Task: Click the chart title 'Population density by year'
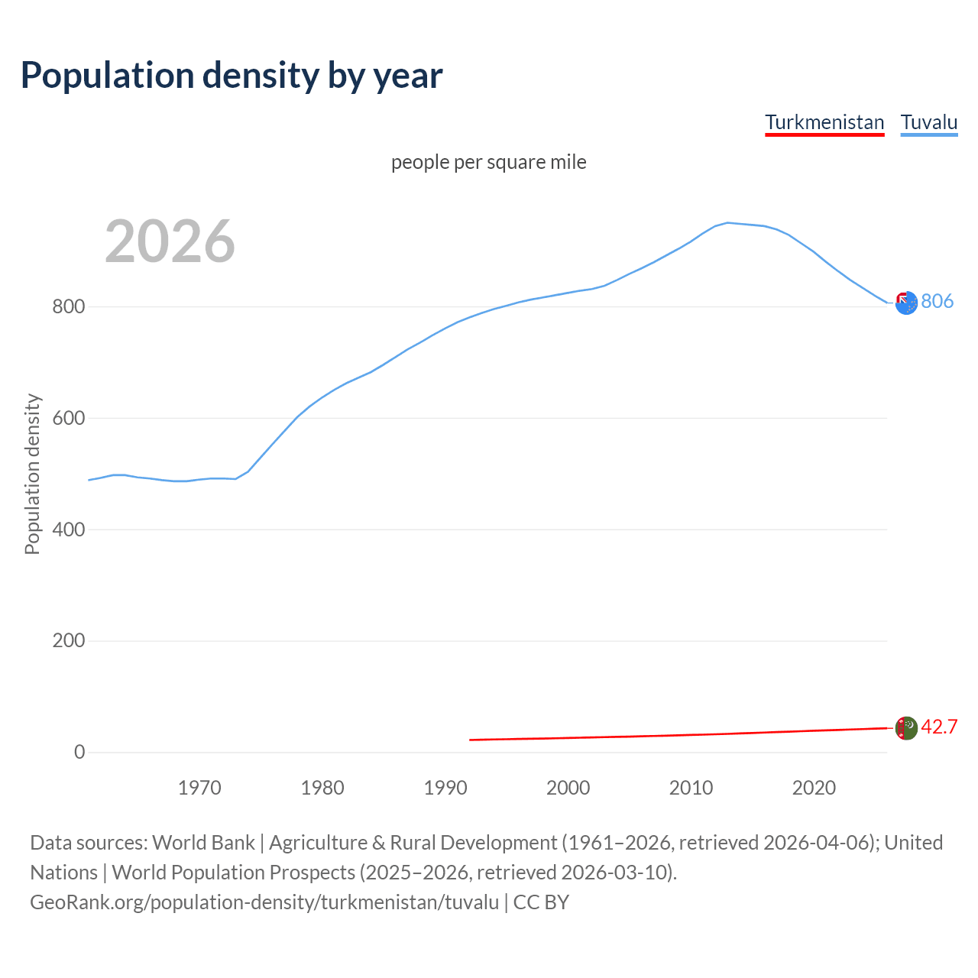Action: (x=232, y=76)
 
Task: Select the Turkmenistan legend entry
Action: (x=824, y=122)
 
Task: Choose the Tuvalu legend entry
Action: (x=929, y=122)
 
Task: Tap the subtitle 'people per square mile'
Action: (x=488, y=162)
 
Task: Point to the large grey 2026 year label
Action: (x=170, y=241)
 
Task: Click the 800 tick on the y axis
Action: (x=68, y=307)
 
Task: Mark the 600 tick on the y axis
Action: (x=68, y=419)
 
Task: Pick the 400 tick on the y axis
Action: (x=68, y=529)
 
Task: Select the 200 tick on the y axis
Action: (x=68, y=641)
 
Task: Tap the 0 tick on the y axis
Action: (x=79, y=752)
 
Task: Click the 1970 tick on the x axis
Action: (x=199, y=788)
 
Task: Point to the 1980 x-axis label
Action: (x=322, y=788)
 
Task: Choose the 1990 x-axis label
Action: (x=445, y=788)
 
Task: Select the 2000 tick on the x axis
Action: (x=568, y=788)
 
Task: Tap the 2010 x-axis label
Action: (x=691, y=788)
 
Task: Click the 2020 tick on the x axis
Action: (x=814, y=788)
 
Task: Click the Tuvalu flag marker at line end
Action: (x=906, y=303)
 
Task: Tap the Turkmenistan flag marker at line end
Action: (x=906, y=728)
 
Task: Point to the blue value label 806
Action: (x=937, y=302)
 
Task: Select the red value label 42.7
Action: (x=939, y=727)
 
